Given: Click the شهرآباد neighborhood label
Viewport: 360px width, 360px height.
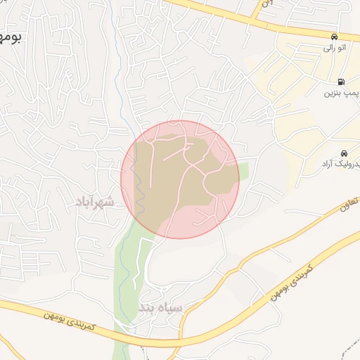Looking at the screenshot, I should tap(94, 202).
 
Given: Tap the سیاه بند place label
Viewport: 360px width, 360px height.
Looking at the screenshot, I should tap(161, 308).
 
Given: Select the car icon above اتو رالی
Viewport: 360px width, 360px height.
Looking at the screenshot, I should tap(335, 37).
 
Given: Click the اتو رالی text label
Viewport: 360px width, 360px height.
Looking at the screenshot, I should tap(334, 49).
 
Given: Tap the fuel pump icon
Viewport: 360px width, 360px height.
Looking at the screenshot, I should tap(340, 82).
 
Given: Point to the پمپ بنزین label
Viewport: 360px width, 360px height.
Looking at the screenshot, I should tap(342, 93).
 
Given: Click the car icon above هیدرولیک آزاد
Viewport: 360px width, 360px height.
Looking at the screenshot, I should tap(343, 153).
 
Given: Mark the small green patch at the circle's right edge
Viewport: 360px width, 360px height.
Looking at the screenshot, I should tap(243, 172).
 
